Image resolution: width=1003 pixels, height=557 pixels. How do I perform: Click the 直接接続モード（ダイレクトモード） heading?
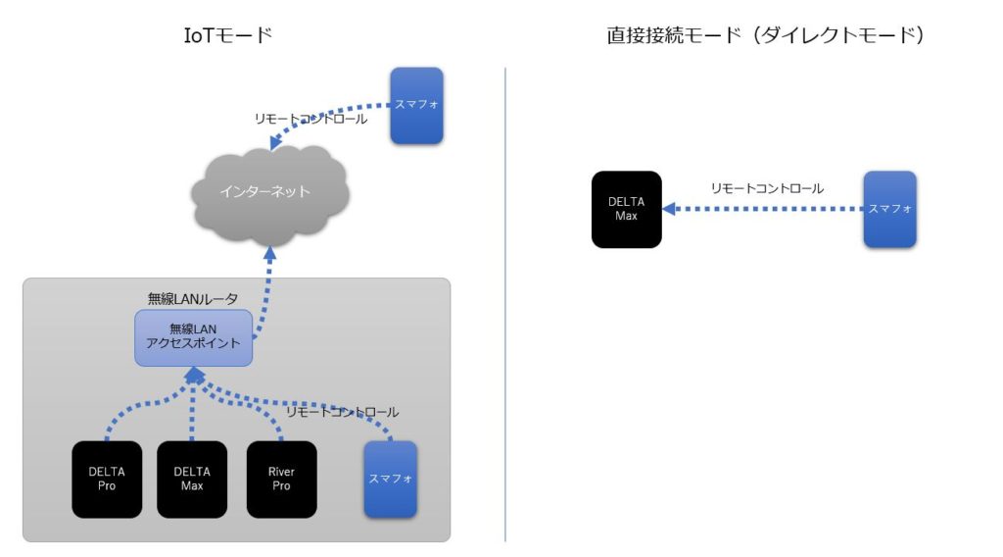point(767,36)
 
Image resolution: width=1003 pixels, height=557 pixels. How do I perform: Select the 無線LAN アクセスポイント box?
point(194,336)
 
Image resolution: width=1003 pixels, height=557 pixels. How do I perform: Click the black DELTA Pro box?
point(107,479)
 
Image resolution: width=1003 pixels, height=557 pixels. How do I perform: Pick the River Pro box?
point(281,479)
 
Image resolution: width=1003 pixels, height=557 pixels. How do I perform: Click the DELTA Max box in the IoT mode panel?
point(192,479)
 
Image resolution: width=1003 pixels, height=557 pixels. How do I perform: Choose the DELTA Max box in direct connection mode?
point(626,209)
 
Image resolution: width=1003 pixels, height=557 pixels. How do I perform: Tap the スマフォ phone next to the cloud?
point(416,105)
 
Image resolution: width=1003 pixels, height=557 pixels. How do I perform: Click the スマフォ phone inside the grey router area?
point(391,479)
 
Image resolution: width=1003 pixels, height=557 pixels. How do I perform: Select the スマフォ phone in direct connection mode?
point(889,209)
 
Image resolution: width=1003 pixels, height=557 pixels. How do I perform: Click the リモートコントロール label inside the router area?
point(342,412)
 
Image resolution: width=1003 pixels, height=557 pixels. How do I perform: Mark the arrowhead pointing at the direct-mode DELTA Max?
point(669,209)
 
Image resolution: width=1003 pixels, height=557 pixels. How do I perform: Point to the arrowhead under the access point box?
point(194,376)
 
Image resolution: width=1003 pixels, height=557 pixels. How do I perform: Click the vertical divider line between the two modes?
point(505,304)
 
